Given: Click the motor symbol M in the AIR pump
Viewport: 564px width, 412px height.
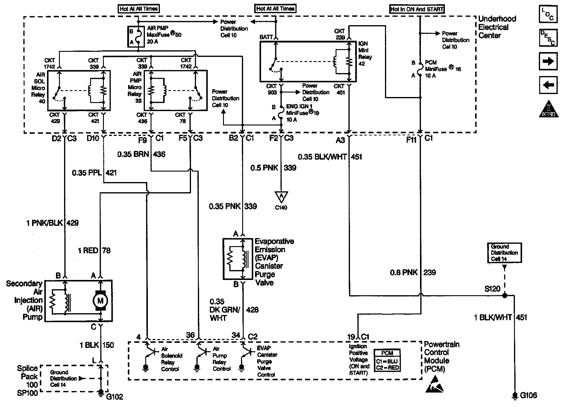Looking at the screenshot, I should tap(100, 300).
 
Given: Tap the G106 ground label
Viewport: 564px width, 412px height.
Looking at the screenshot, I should tap(528, 395).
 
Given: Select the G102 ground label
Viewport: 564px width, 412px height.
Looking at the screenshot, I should tap(115, 397).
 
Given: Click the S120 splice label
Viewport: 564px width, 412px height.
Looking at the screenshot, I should tap(492, 289).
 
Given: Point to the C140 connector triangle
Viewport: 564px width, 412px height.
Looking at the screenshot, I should tap(281, 196).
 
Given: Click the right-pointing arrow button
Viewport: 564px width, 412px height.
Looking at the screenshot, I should tap(548, 61).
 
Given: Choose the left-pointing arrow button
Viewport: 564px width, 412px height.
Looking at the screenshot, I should tap(548, 85).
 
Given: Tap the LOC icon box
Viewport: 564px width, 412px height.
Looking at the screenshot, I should tap(548, 14).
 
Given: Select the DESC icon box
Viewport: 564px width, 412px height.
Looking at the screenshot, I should tap(548, 38).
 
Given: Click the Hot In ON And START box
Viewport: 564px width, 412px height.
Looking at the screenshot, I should tap(417, 9).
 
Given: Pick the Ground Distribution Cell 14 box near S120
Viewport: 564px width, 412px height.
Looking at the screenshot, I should tap(504, 253).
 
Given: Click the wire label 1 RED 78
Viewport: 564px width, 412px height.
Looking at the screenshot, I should tap(94, 250).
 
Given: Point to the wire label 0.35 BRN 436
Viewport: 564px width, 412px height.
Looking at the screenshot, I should tap(141, 154).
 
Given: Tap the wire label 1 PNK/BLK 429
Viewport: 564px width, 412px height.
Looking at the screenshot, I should tap(52, 223).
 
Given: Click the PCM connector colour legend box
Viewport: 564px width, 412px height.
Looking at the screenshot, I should tap(387, 360).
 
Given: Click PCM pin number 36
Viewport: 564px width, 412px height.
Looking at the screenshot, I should tap(190, 335).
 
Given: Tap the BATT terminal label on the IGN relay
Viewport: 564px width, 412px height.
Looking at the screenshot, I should tap(266, 37).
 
